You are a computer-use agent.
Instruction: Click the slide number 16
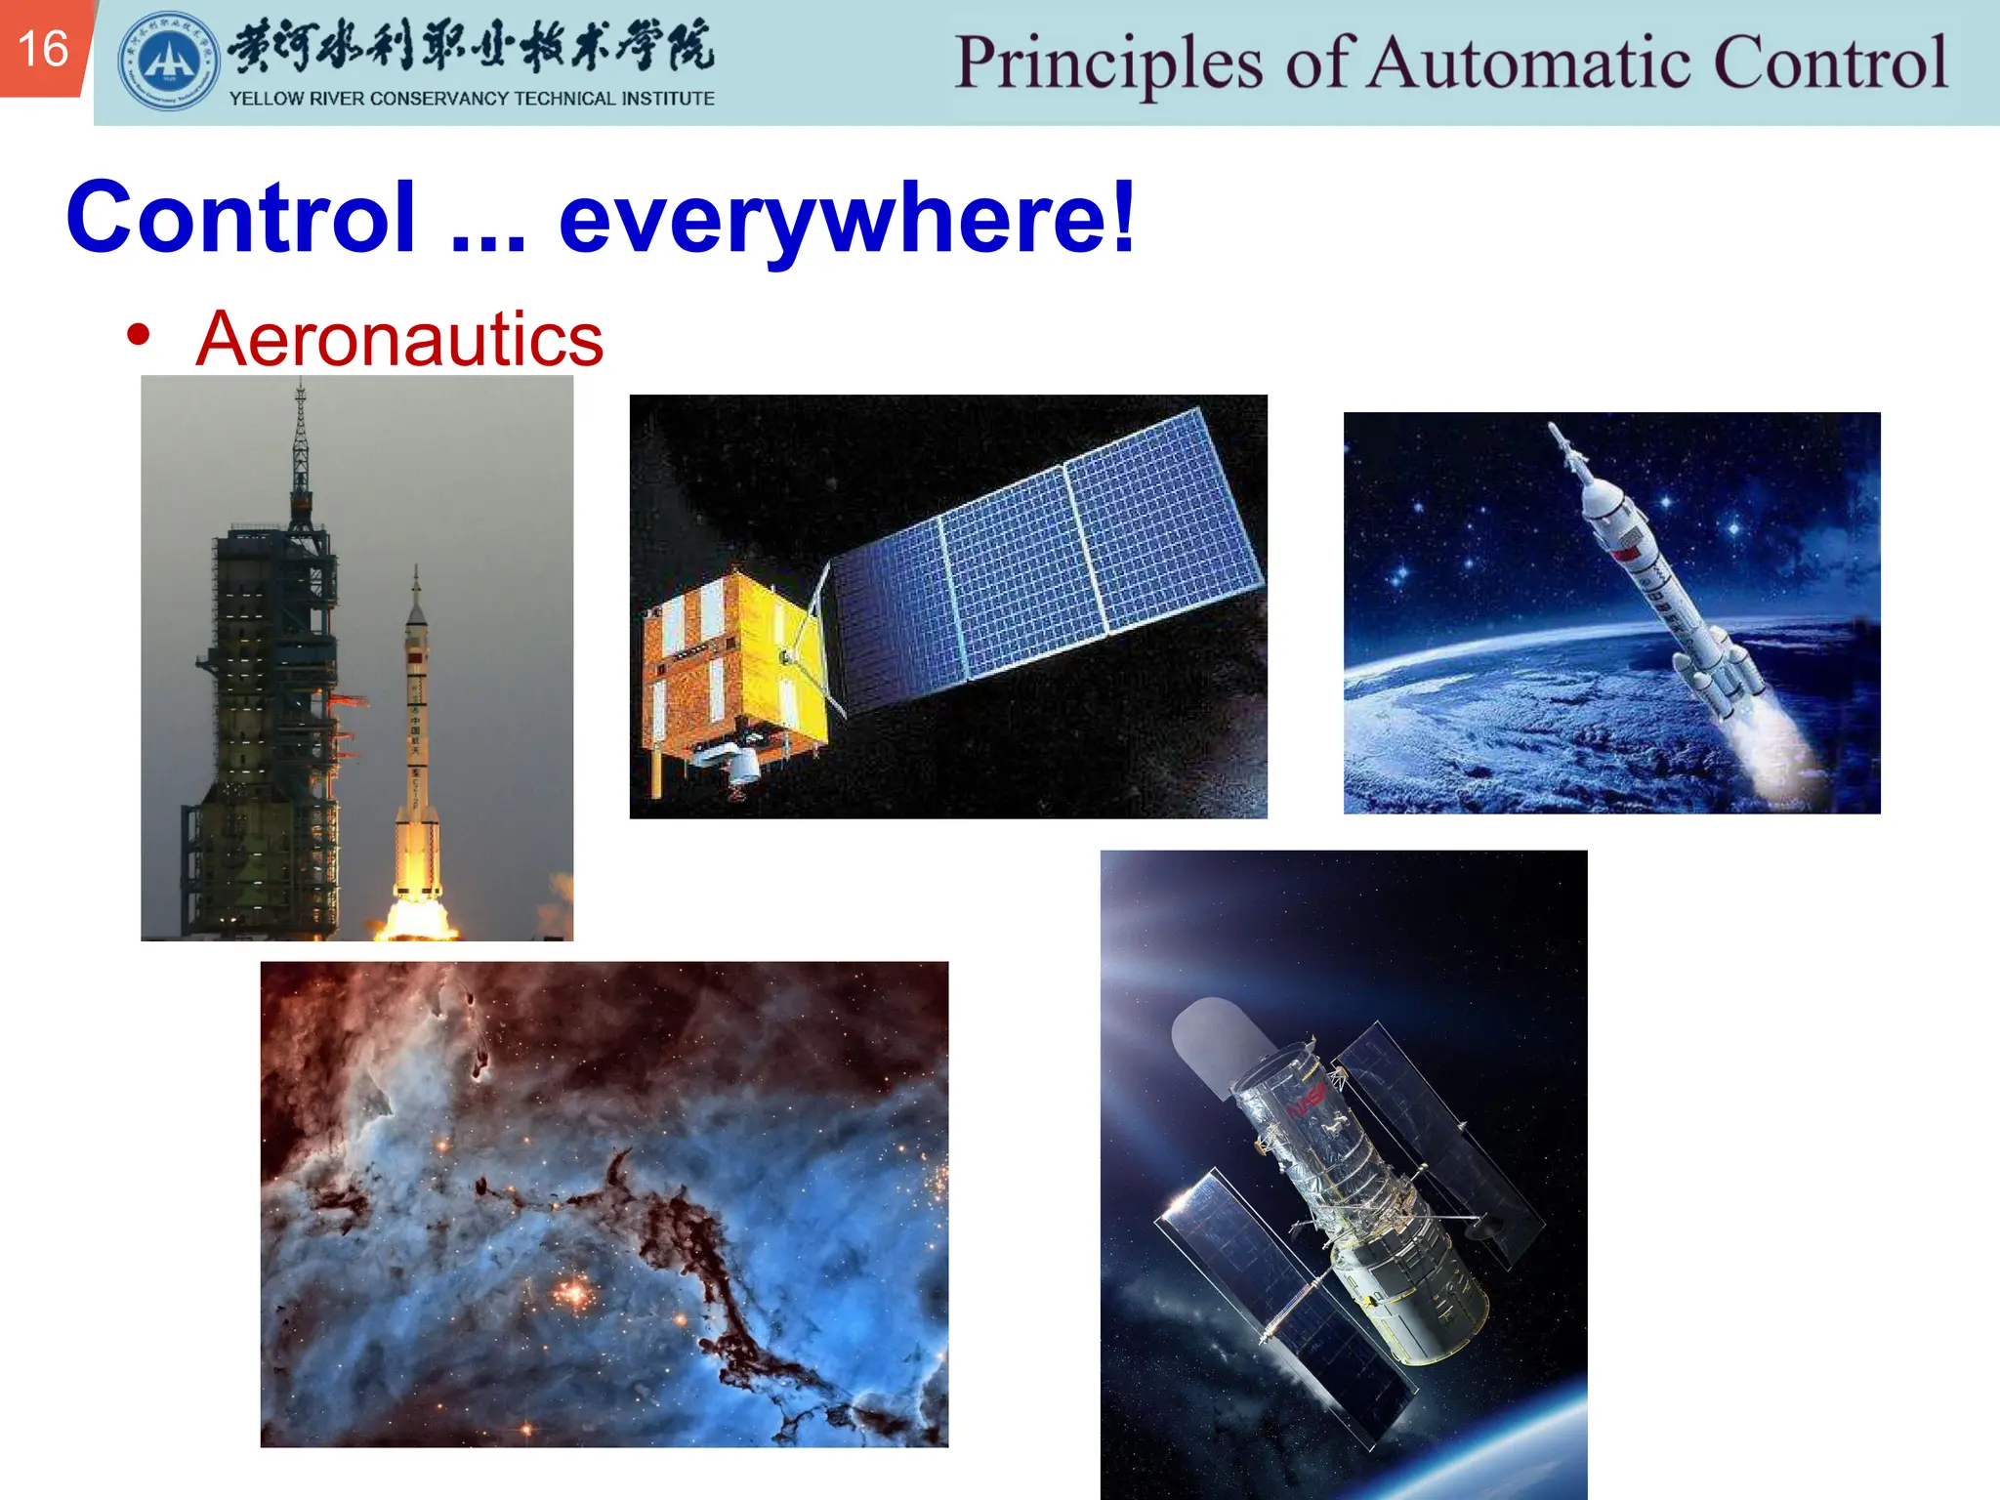click(x=43, y=49)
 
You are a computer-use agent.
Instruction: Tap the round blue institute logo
click(x=168, y=61)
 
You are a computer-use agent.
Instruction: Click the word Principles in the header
click(x=1109, y=62)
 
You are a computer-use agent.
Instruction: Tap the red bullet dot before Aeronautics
click(x=138, y=335)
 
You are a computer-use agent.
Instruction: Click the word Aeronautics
click(x=399, y=339)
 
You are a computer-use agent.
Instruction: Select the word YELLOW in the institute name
click(x=266, y=99)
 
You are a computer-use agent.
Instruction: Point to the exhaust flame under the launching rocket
click(x=418, y=913)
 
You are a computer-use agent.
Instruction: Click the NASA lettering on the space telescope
click(x=1307, y=1102)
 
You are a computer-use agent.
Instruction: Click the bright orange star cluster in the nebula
click(x=574, y=1293)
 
